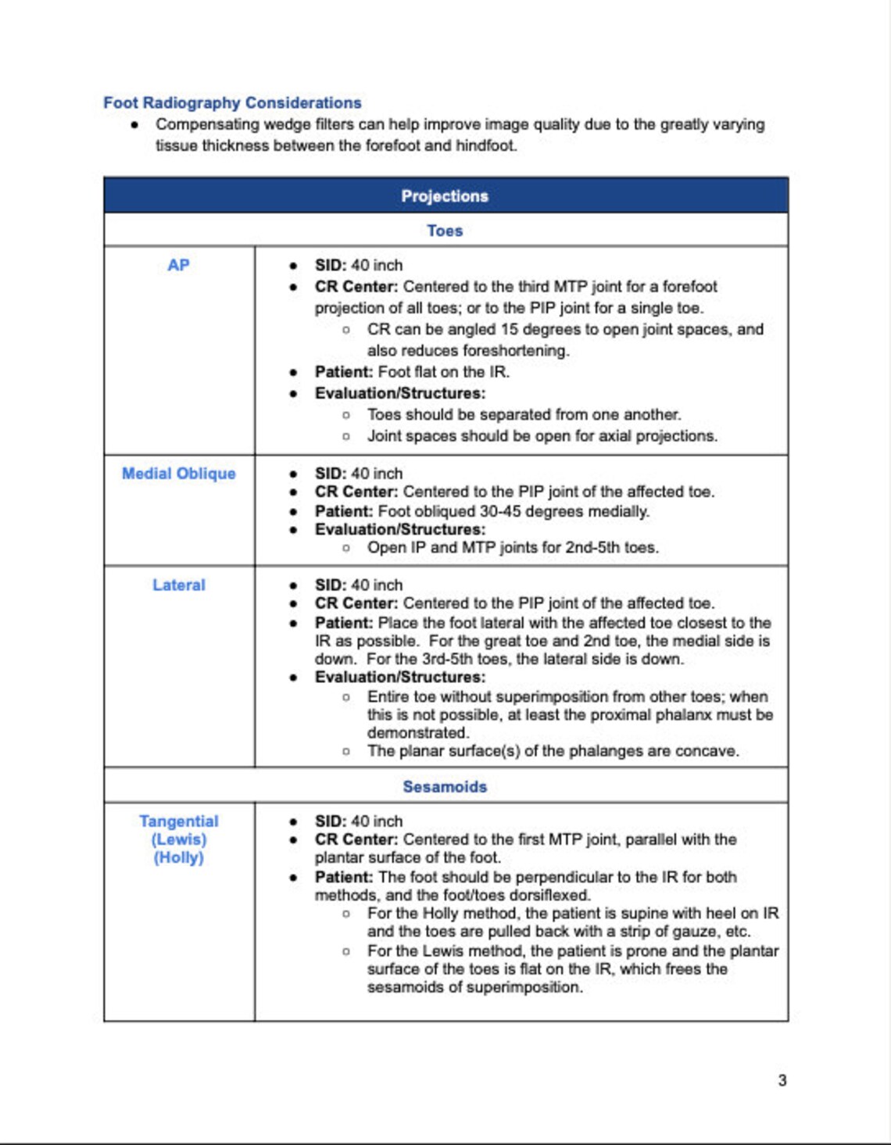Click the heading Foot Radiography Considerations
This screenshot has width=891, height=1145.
point(232,102)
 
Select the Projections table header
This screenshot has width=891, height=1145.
point(445,196)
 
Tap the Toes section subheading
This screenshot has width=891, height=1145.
point(445,231)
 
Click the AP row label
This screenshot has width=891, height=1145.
point(178,265)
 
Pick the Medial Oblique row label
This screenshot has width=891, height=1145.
point(178,474)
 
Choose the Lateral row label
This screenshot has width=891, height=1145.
point(178,585)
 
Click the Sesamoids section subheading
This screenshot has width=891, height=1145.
point(445,787)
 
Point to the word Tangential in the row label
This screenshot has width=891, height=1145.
point(178,821)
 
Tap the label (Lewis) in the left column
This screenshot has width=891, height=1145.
point(178,839)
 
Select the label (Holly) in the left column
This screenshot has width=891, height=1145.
point(178,857)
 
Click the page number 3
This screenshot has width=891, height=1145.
point(782,1080)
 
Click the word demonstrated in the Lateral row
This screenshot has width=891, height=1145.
point(417,733)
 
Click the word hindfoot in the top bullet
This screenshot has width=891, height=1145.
point(485,145)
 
